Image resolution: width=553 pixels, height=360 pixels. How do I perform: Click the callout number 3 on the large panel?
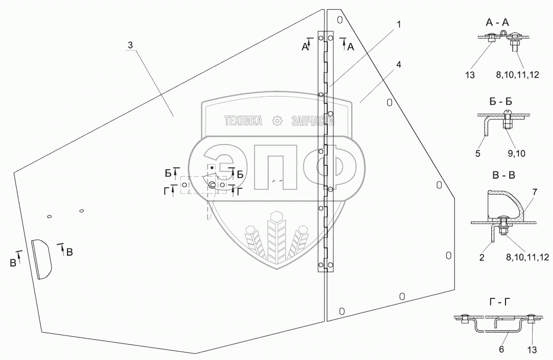(x=130, y=45)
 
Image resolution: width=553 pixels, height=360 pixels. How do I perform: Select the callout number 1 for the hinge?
(x=399, y=24)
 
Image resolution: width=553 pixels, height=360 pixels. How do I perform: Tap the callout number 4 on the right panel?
(x=399, y=65)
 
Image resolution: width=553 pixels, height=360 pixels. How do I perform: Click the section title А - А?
(x=497, y=23)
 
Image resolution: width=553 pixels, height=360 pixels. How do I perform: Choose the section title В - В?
(x=503, y=175)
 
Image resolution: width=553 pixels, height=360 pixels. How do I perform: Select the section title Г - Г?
(x=501, y=302)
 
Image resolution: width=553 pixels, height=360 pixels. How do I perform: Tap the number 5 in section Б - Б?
(x=478, y=153)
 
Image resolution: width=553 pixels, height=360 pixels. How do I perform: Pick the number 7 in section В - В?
(x=535, y=192)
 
